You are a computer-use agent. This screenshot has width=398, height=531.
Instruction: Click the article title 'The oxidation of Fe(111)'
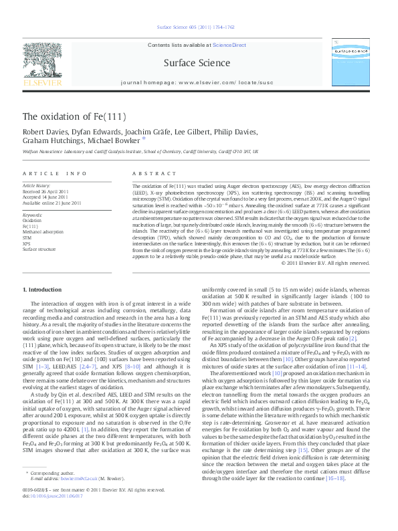(x=74, y=116)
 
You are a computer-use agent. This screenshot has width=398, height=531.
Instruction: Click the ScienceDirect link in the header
(x=231, y=44)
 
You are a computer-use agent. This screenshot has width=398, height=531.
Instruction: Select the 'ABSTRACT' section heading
(x=151, y=173)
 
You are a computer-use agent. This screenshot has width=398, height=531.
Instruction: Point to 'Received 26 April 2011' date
(x=47, y=192)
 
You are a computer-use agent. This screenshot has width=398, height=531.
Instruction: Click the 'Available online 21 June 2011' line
(x=52, y=203)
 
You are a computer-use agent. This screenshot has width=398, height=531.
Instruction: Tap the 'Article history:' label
(x=37, y=186)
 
